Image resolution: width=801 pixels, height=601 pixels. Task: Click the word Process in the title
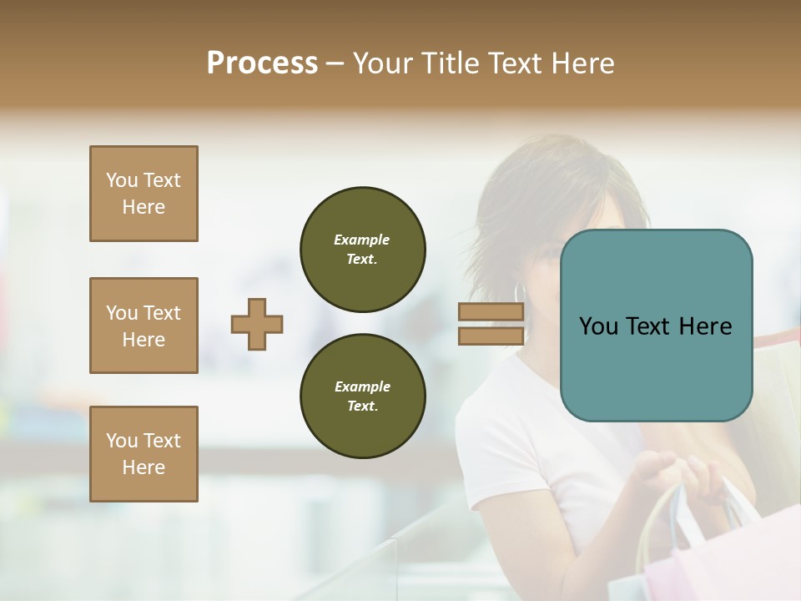pyautogui.click(x=262, y=63)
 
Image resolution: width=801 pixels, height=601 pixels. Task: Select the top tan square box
pyautogui.click(x=144, y=194)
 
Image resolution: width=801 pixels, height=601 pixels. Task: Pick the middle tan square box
pyautogui.click(x=144, y=326)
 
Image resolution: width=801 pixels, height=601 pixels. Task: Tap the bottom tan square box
pyautogui.click(x=144, y=454)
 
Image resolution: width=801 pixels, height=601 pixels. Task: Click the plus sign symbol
pyautogui.click(x=257, y=324)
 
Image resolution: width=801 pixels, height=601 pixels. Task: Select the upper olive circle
pyautogui.click(x=362, y=250)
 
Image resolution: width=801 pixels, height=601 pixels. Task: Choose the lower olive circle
pyautogui.click(x=362, y=396)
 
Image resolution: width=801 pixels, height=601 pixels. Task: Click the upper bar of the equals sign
pyautogui.click(x=491, y=312)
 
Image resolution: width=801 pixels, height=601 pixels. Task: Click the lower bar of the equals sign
pyautogui.click(x=491, y=336)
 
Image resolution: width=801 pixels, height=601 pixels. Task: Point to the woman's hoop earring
pyautogui.click(x=520, y=292)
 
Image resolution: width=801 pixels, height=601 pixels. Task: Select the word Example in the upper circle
pyautogui.click(x=362, y=240)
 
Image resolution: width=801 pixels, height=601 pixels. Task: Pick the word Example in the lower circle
pyautogui.click(x=362, y=386)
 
